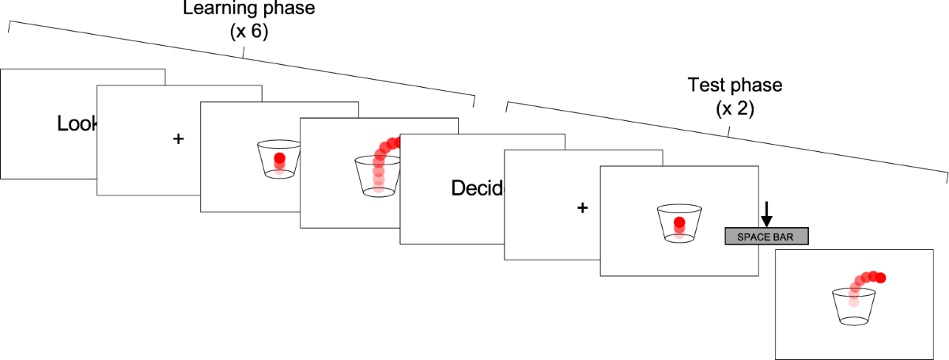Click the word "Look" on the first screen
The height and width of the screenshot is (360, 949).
[x=78, y=123]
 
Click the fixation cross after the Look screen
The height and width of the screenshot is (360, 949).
[x=178, y=138]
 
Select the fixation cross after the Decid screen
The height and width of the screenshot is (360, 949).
[x=583, y=207]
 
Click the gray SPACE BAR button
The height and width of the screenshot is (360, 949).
[x=766, y=236]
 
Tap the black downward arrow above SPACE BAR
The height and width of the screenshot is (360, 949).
[x=766, y=211]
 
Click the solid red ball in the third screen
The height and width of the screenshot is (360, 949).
[x=279, y=159]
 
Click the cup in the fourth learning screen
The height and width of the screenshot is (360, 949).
[x=377, y=176]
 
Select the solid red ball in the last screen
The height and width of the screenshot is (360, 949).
[x=881, y=277]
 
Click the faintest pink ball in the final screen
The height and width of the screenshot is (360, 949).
[x=853, y=301]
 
